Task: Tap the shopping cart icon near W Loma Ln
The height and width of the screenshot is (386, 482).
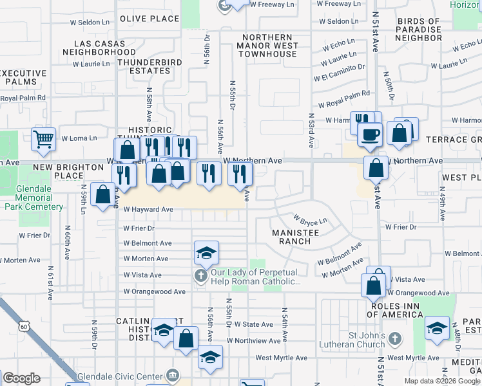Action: coord(44,138)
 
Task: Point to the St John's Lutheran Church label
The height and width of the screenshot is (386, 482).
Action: coord(365,341)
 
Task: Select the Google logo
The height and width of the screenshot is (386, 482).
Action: coord(21,378)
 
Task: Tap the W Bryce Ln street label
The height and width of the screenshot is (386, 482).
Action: coord(310,220)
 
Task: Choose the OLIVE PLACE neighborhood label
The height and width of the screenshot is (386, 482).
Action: coord(149,19)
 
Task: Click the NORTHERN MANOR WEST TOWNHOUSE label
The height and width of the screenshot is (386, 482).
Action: coord(267,46)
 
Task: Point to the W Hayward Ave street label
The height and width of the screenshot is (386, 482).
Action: coord(149,209)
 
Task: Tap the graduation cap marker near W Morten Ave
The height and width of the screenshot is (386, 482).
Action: coord(206,252)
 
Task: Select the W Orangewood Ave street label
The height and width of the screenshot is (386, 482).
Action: coord(155,291)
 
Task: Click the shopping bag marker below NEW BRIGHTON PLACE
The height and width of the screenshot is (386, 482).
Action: coord(103,194)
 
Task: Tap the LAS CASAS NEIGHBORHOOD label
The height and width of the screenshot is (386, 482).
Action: coord(100,47)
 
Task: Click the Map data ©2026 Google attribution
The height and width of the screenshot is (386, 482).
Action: coord(442,381)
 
